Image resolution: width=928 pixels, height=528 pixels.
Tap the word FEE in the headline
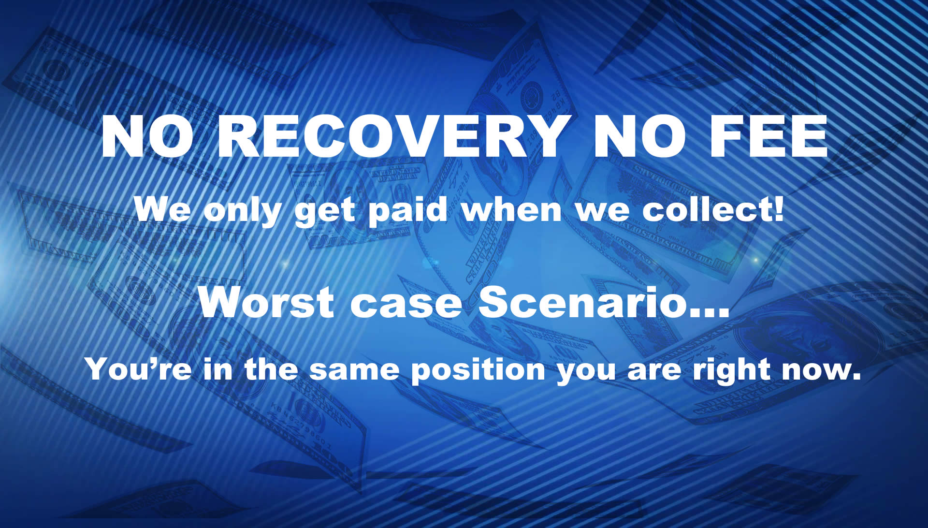(768, 136)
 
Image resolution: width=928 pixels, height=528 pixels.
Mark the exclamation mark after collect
(778, 210)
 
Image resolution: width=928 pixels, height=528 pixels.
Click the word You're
(138, 369)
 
